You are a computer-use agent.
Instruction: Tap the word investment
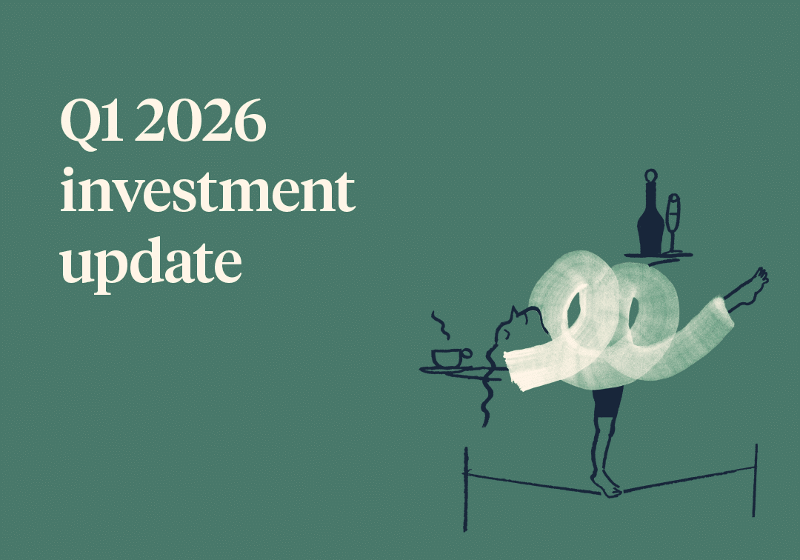click(x=207, y=191)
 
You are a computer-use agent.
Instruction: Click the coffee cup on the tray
click(x=447, y=358)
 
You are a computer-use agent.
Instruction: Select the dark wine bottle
click(x=650, y=219)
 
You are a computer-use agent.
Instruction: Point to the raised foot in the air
click(x=756, y=281)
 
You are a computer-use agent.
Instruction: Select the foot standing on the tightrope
click(x=605, y=484)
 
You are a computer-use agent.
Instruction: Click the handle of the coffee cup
click(x=467, y=354)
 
